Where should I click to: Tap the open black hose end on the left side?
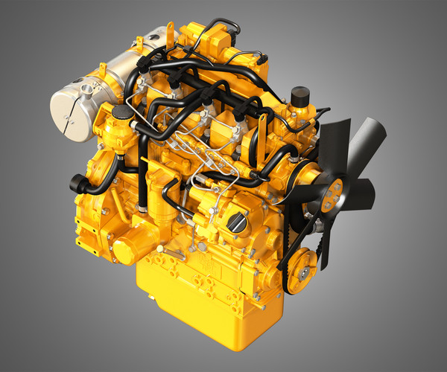pyautogui.click(x=74, y=181)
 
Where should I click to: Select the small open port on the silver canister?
pyautogui.click(x=87, y=90)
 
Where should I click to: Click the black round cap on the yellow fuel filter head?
pyautogui.click(x=118, y=112)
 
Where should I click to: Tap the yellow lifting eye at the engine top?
pyautogui.click(x=170, y=30)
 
